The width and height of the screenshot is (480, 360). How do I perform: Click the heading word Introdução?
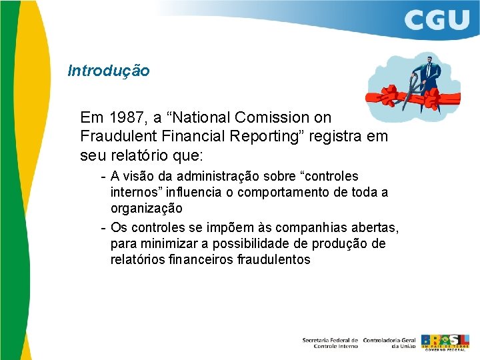(109, 71)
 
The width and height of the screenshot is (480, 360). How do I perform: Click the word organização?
(146, 209)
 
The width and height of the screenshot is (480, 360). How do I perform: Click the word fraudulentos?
(273, 259)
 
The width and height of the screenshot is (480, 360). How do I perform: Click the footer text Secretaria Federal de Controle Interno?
(330, 343)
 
